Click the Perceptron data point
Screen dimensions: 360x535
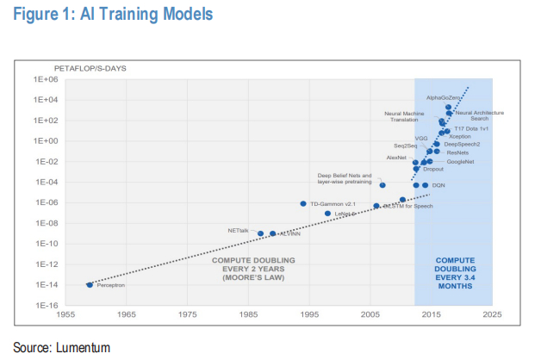pyautogui.click(x=90, y=284)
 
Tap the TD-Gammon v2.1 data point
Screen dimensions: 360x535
pyautogui.click(x=303, y=203)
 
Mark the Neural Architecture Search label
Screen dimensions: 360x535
pyautogui.click(x=479, y=115)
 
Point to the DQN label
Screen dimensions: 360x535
pyautogui.click(x=439, y=186)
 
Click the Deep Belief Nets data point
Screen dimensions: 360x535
pyautogui.click(x=383, y=185)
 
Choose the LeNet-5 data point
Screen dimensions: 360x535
pyautogui.click(x=327, y=214)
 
